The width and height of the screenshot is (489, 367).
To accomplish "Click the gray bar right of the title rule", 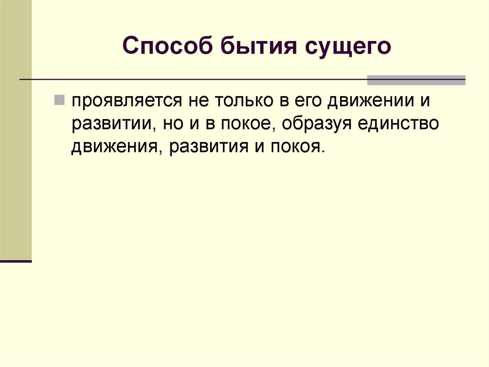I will [416, 80].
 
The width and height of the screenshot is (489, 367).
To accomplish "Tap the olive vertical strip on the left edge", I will [16, 129].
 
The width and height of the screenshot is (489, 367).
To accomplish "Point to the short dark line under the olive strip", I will [16, 262].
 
